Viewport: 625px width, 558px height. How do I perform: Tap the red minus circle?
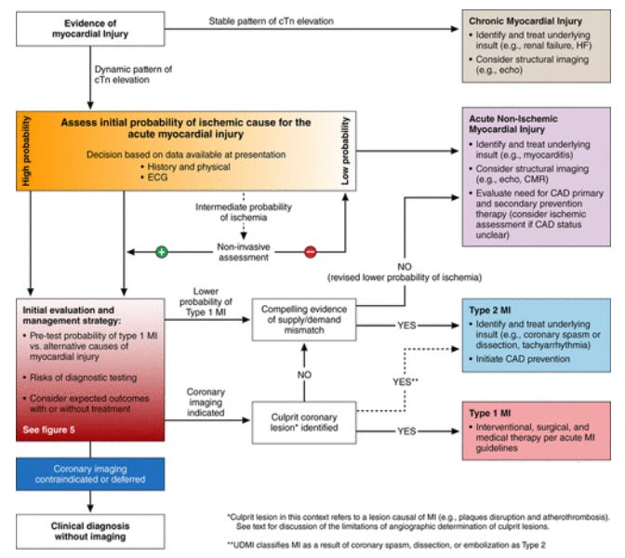coord(310,250)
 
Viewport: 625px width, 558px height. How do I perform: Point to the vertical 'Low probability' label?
coord(345,153)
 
